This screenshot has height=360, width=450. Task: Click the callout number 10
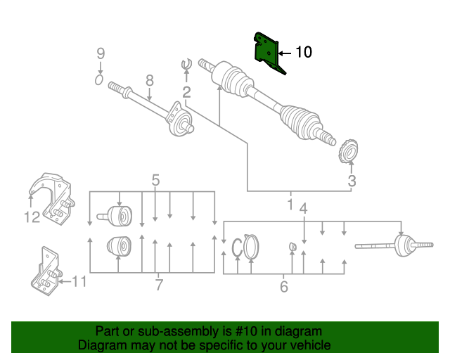tap(303, 52)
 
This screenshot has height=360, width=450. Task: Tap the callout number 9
tap(100, 53)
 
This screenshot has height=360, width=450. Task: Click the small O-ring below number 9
tap(99, 80)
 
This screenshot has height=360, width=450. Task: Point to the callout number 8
tap(149, 80)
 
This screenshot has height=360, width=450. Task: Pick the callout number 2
tap(186, 93)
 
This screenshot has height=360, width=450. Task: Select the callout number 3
tap(352, 181)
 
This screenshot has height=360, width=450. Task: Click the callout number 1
tap(290, 205)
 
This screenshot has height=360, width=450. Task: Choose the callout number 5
tap(155, 181)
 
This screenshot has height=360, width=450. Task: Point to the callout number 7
tap(159, 285)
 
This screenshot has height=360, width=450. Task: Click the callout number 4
tap(304, 209)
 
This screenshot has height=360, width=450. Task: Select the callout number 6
tap(284, 287)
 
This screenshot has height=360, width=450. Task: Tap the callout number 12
tap(32, 218)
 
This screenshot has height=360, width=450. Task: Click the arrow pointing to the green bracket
tap(284, 53)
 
